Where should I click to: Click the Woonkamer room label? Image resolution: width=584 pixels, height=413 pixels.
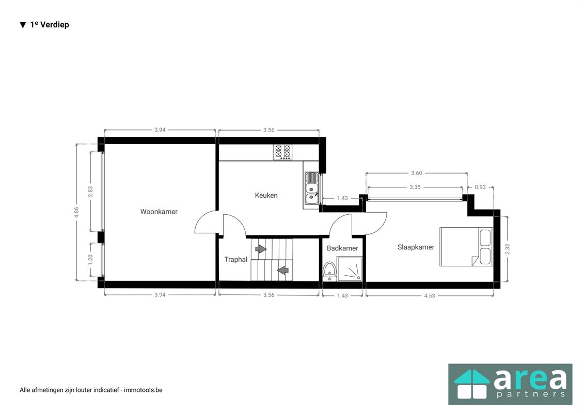[x=159, y=212]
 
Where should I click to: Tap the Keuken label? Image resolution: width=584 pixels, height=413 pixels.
[x=266, y=195]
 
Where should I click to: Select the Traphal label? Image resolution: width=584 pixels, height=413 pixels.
[x=236, y=260]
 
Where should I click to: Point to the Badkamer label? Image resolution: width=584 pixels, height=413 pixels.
[x=342, y=248]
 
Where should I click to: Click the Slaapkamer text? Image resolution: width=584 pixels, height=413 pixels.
[x=416, y=247]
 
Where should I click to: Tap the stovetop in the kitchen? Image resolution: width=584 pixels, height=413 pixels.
[x=282, y=152]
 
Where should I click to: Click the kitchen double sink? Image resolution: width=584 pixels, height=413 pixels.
[x=312, y=188]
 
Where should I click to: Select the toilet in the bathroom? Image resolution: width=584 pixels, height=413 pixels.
[x=329, y=272]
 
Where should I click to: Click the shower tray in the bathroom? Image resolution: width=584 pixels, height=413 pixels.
[x=350, y=268]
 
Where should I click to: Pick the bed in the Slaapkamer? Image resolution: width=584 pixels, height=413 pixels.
[x=466, y=247]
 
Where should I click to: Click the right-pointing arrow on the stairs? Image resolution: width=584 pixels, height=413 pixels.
[x=261, y=249]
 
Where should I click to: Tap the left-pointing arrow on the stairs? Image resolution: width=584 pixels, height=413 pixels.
[x=283, y=269]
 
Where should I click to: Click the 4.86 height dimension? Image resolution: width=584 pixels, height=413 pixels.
[x=76, y=212]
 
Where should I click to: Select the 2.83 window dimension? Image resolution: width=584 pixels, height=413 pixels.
[x=90, y=192]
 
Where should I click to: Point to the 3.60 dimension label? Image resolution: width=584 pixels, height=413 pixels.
[x=416, y=173]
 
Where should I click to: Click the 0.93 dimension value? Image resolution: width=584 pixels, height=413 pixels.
[x=480, y=187]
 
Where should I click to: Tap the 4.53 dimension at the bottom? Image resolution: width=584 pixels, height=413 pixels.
[x=430, y=296]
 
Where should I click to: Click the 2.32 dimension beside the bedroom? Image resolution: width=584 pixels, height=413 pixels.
[x=507, y=249]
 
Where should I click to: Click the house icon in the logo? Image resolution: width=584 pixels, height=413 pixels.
[x=472, y=384]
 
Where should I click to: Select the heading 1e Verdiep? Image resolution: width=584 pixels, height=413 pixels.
[x=50, y=25]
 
